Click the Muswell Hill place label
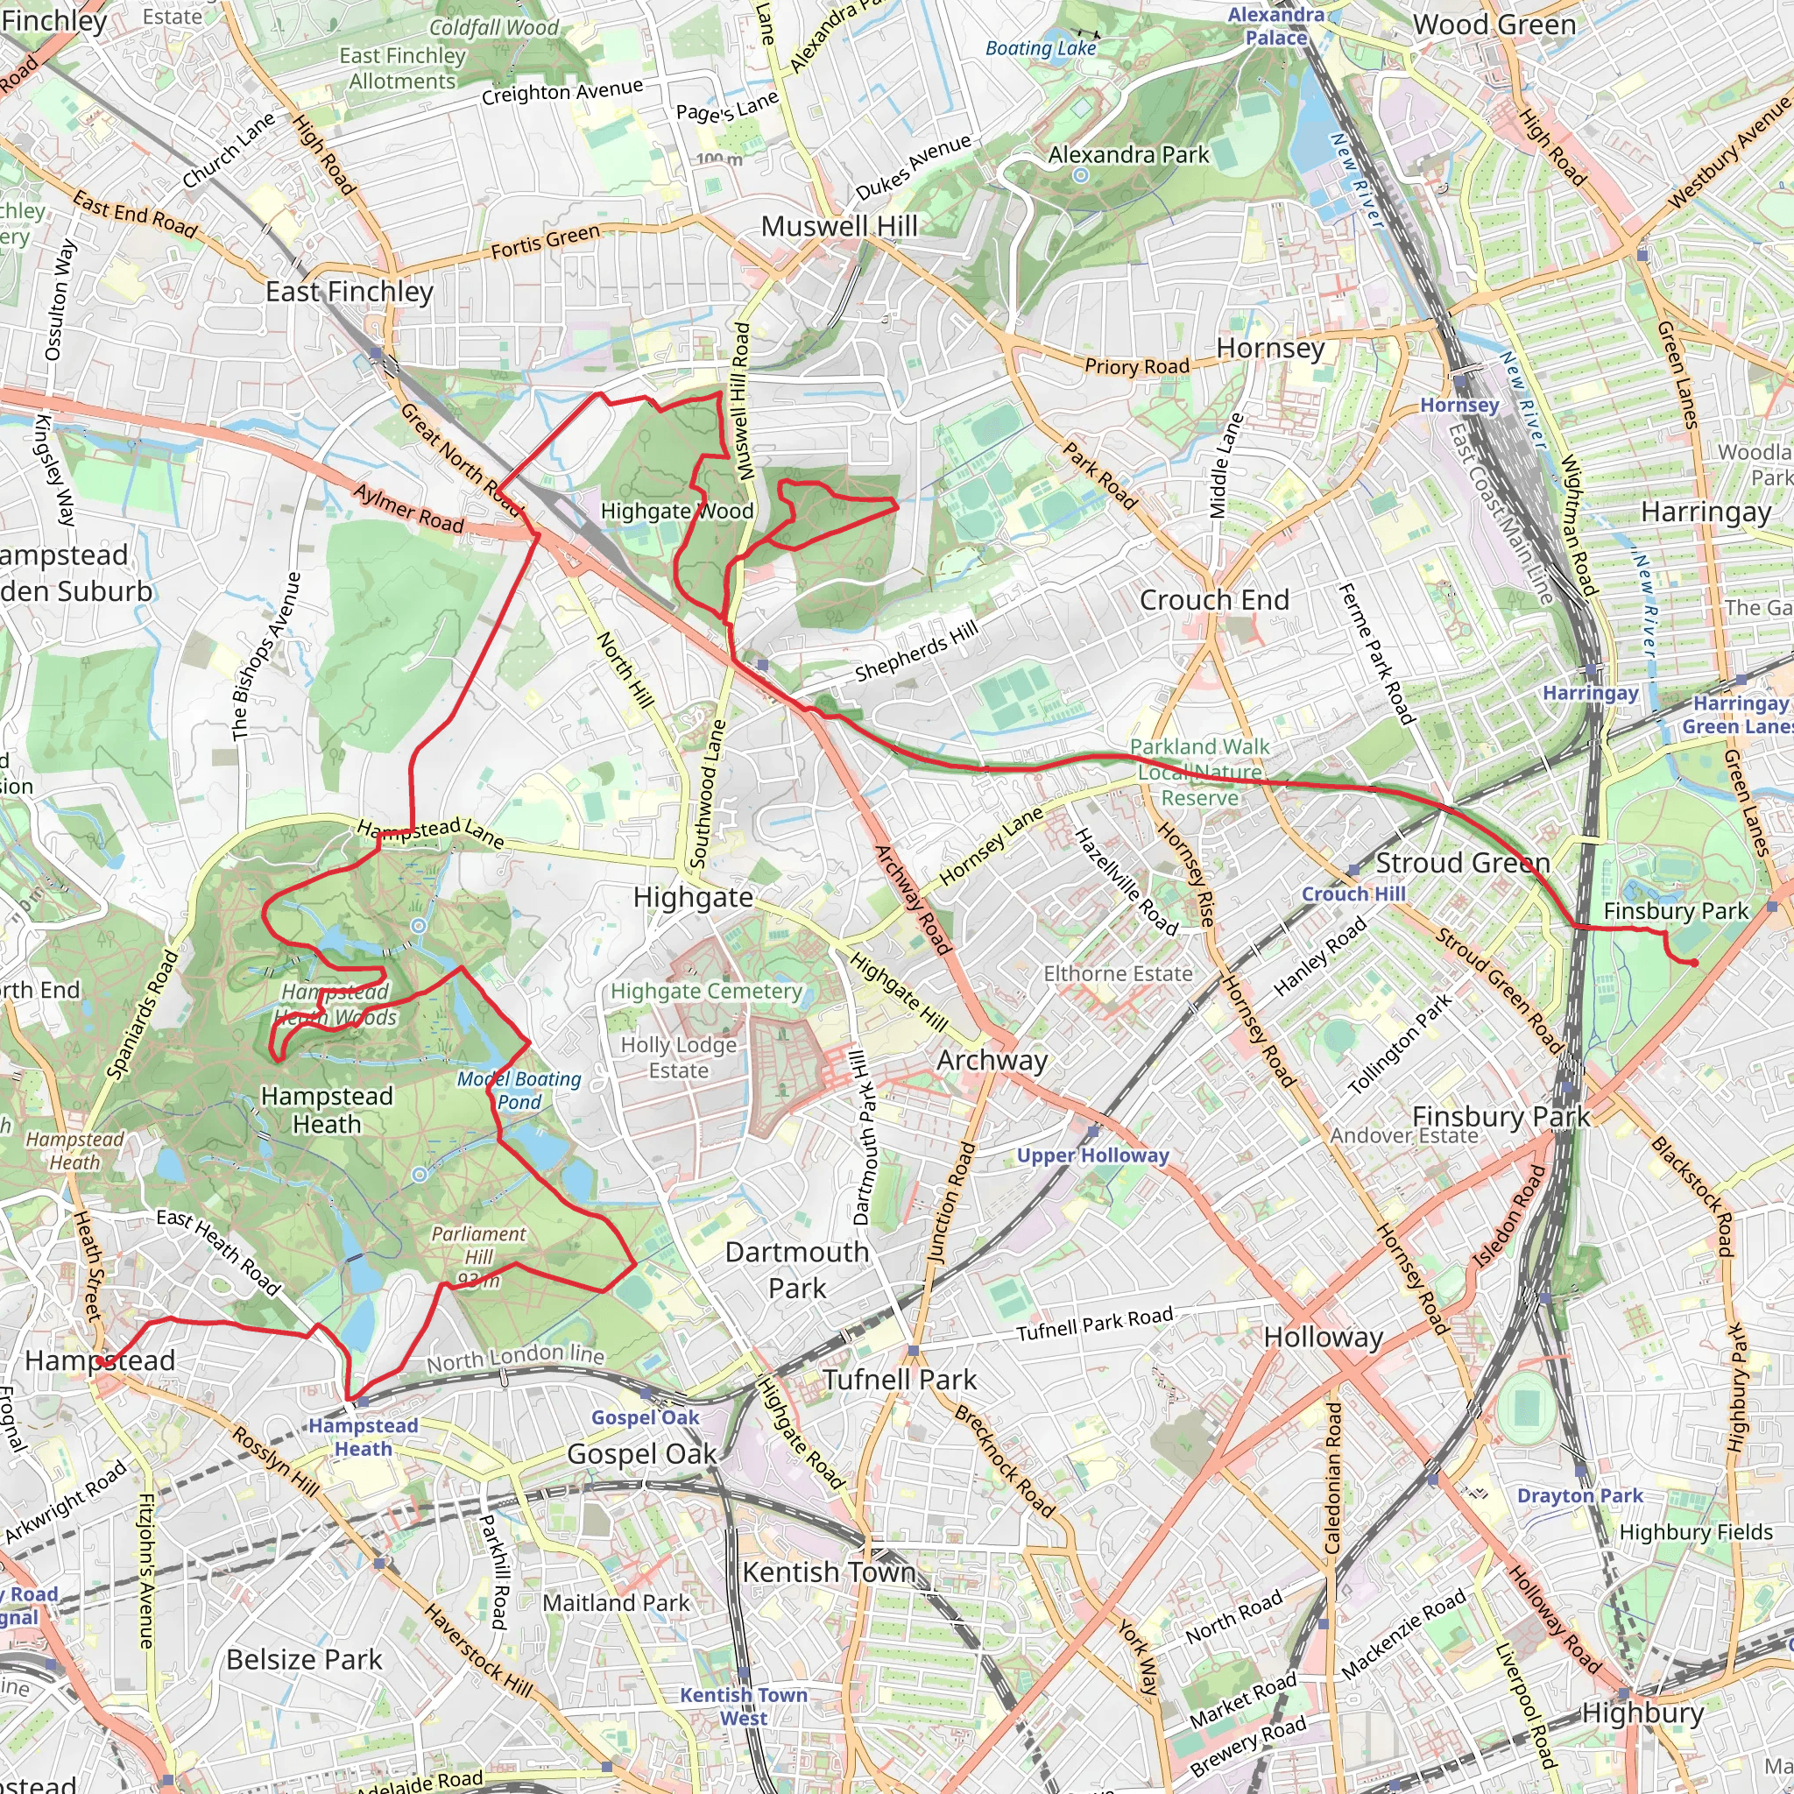click(838, 226)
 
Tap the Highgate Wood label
click(677, 511)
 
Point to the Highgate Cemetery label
click(706, 991)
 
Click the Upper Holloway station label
click(1092, 1155)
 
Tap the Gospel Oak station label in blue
click(645, 1417)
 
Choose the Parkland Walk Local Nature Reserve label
click(1199, 772)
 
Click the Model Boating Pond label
click(519, 1090)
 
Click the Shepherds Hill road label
click(916, 651)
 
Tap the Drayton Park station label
click(1579, 1495)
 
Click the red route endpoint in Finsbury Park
click(1695, 963)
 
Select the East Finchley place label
click(350, 292)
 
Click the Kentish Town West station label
click(743, 1706)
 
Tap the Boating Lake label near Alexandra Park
click(1040, 48)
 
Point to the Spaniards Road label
click(142, 1014)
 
